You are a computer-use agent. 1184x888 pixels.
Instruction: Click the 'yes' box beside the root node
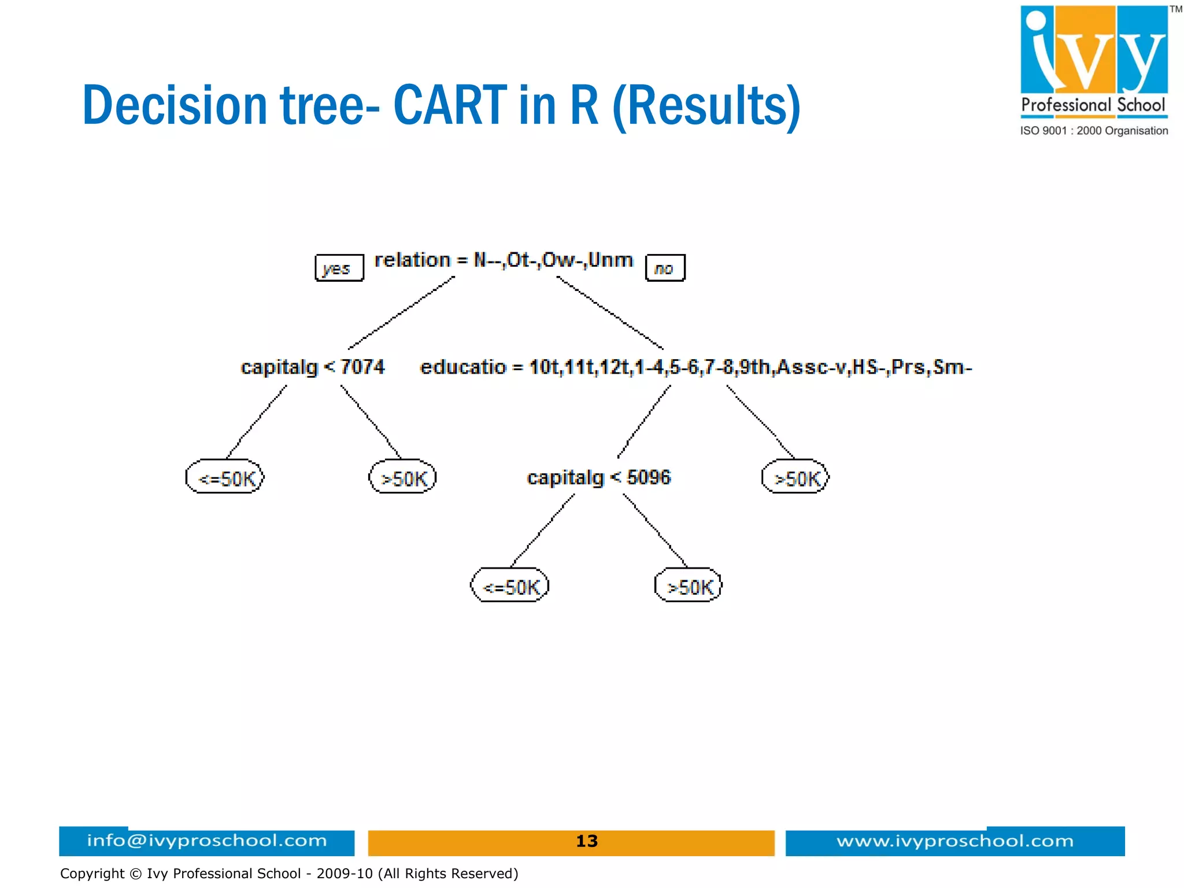click(x=339, y=268)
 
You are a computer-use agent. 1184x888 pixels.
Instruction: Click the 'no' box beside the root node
click(x=665, y=268)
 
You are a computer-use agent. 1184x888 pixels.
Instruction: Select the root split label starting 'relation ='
click(x=504, y=260)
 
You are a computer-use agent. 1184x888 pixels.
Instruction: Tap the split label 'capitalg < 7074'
click(x=312, y=367)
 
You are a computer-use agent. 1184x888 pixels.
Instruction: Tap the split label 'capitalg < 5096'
click(x=598, y=477)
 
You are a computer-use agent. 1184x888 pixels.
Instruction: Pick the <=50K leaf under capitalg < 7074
click(x=225, y=477)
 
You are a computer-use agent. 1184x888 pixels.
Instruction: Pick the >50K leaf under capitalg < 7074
click(x=402, y=477)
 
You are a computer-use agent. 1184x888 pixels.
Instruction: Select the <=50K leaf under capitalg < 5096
click(x=509, y=585)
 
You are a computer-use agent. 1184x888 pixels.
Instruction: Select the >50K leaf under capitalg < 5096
click(x=688, y=585)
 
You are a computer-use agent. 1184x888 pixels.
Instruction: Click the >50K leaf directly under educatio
click(x=795, y=477)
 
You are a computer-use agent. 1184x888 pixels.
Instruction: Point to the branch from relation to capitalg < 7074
click(x=401, y=313)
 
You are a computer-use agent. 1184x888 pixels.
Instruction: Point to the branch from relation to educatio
click(x=609, y=313)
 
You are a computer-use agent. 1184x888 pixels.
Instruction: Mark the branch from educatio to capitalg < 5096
click(x=644, y=422)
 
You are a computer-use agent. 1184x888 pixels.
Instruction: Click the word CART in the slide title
click(x=450, y=105)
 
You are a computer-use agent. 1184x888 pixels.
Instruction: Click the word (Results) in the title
click(x=706, y=105)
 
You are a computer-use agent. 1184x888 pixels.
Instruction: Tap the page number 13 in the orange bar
click(x=586, y=841)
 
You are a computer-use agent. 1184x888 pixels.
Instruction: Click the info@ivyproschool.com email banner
click(x=206, y=841)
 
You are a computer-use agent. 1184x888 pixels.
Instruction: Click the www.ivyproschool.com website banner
click(x=954, y=841)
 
